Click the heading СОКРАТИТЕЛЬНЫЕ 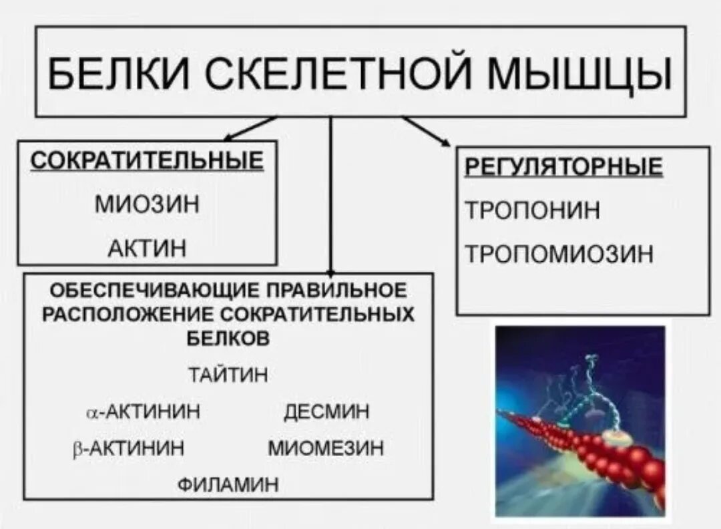click(x=147, y=162)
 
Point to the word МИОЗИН click(x=147, y=203)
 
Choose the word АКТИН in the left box click(x=147, y=248)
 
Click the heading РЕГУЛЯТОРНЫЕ click(x=563, y=167)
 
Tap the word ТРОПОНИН click(x=532, y=210)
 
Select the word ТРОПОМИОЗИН click(x=559, y=254)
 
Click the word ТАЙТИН click(x=228, y=375)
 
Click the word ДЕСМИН click(x=326, y=411)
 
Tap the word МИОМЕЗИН click(x=326, y=448)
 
